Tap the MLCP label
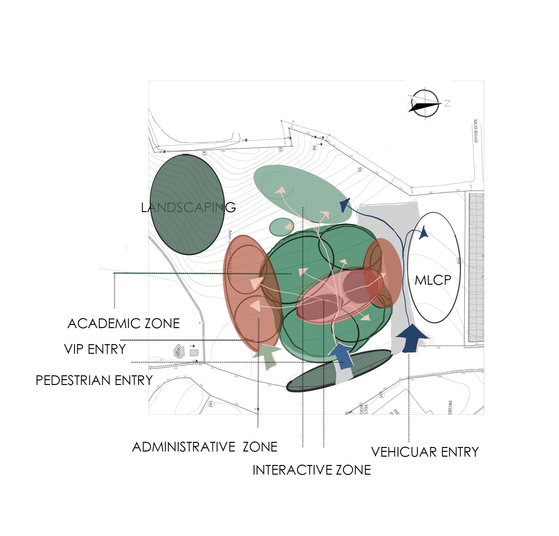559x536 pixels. click(433, 280)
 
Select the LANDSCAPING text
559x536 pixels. click(188, 208)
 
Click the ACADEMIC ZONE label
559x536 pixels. click(123, 323)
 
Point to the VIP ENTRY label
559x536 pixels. click(95, 349)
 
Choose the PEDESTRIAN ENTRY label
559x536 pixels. click(94, 380)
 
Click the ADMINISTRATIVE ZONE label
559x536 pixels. click(205, 447)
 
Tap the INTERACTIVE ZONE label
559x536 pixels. click(311, 470)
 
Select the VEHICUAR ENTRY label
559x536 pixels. click(425, 452)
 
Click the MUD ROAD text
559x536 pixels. click(475, 131)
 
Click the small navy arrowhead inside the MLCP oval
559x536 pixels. click(424, 233)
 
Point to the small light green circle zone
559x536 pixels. click(281, 227)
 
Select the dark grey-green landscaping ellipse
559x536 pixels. click(187, 204)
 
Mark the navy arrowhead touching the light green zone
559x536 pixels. click(345, 205)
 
